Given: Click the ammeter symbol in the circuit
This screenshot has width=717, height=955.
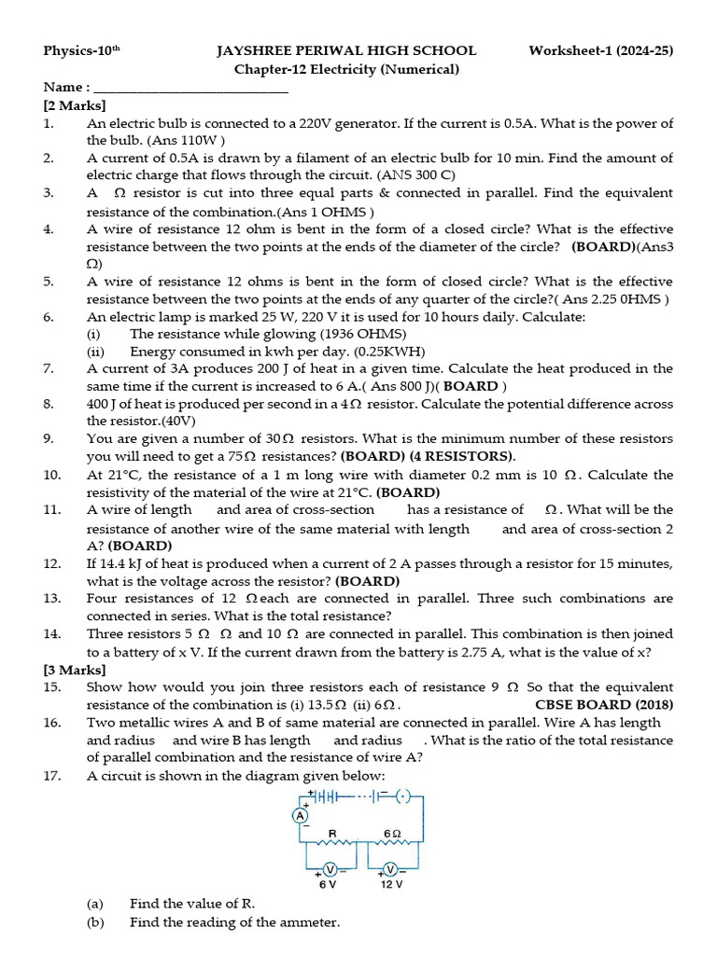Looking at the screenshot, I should pos(301,815).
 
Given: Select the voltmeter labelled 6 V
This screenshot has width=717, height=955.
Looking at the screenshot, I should pos(329,869).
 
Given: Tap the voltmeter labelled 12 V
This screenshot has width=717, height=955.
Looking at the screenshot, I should pos(392,869).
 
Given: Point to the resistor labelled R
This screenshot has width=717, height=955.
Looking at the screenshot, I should pos(333,845).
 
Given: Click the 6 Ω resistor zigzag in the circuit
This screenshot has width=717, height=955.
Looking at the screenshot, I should pos(392,845).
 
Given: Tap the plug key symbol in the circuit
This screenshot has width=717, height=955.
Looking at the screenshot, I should pos(402,796).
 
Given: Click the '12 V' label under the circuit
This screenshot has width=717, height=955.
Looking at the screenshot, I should pos(392,885).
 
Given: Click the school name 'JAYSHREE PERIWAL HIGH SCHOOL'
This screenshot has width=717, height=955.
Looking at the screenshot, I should pos(346,50).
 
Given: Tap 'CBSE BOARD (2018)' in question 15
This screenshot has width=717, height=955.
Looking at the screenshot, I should pos(604,705).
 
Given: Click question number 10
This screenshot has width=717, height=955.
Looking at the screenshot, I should pos(52,475).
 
